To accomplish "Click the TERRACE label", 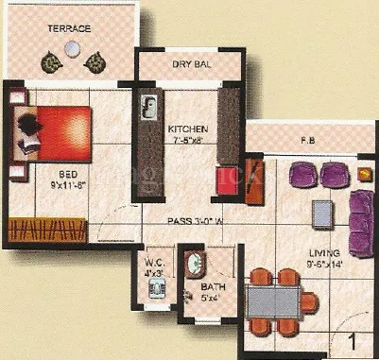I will pos(70,29).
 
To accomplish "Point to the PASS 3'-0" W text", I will pos(195,221).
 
